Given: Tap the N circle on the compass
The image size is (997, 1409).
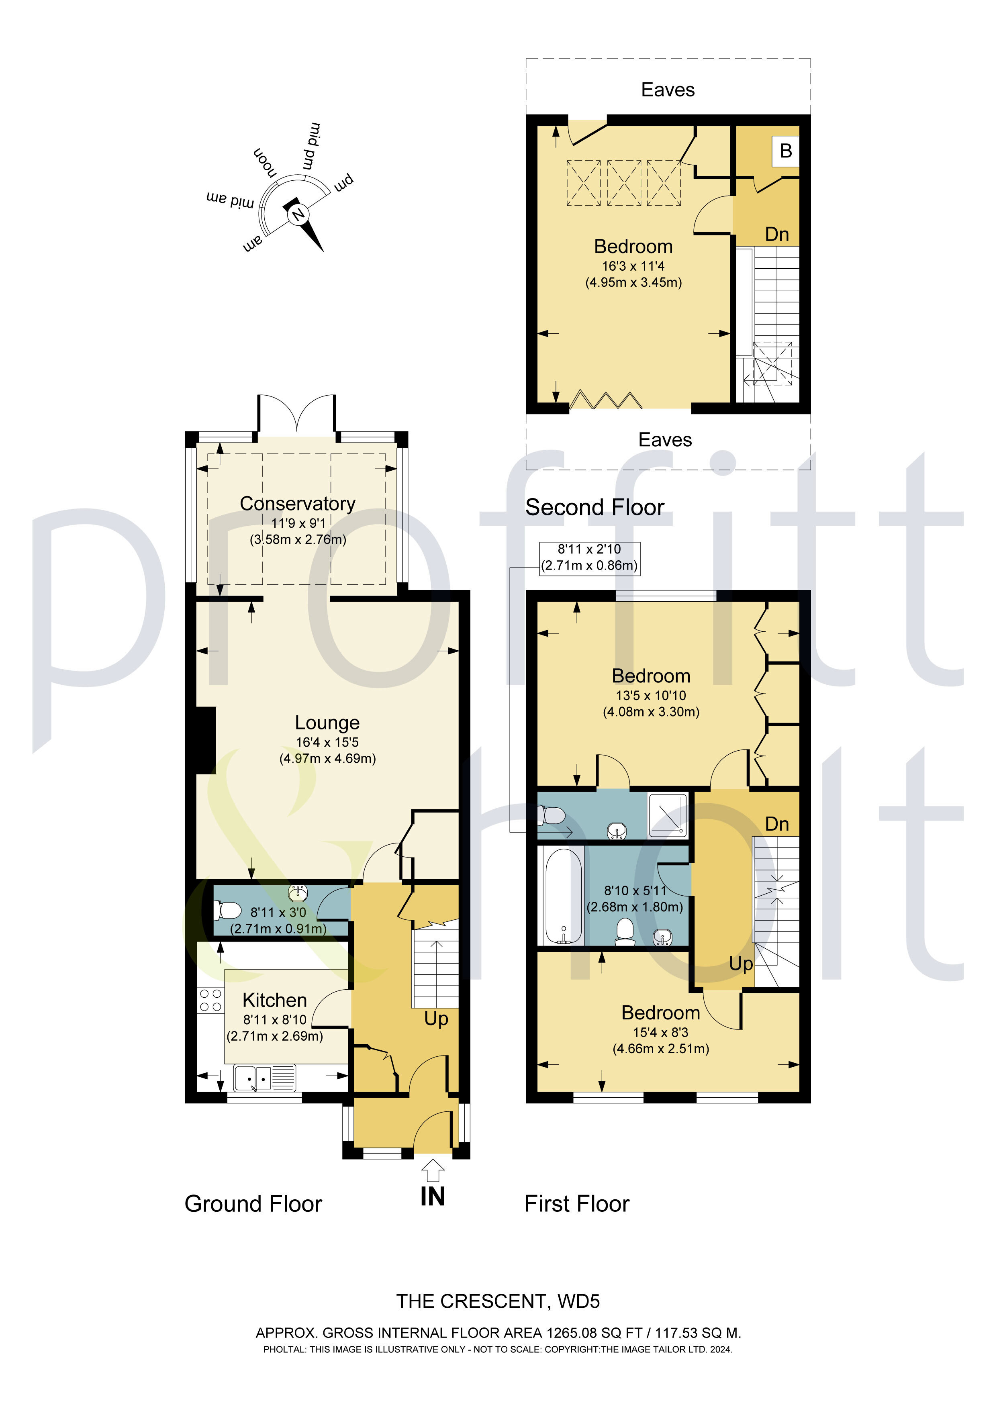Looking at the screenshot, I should click(298, 215).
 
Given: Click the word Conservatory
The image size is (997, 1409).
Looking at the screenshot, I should click(297, 503).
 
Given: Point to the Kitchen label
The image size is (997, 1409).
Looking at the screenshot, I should click(274, 1000).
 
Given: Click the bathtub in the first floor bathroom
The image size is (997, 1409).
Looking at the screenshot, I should click(560, 896).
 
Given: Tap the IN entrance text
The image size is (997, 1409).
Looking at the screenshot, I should click(432, 1197).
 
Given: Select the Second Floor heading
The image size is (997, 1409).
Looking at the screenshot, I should click(594, 508).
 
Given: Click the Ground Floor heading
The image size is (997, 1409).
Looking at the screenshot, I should click(253, 1204).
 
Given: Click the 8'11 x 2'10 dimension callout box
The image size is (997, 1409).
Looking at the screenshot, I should click(589, 558).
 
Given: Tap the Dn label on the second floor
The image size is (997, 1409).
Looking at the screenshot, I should click(776, 235).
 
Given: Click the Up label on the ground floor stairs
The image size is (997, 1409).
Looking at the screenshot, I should click(436, 1019).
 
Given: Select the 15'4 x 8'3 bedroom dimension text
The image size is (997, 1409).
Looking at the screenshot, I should click(660, 1032).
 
